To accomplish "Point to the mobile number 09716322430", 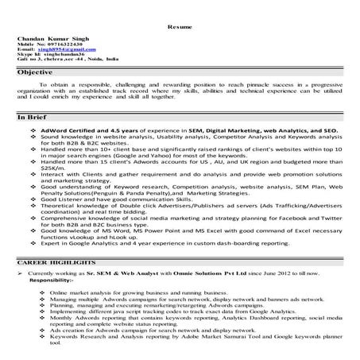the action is coord(64,44).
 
